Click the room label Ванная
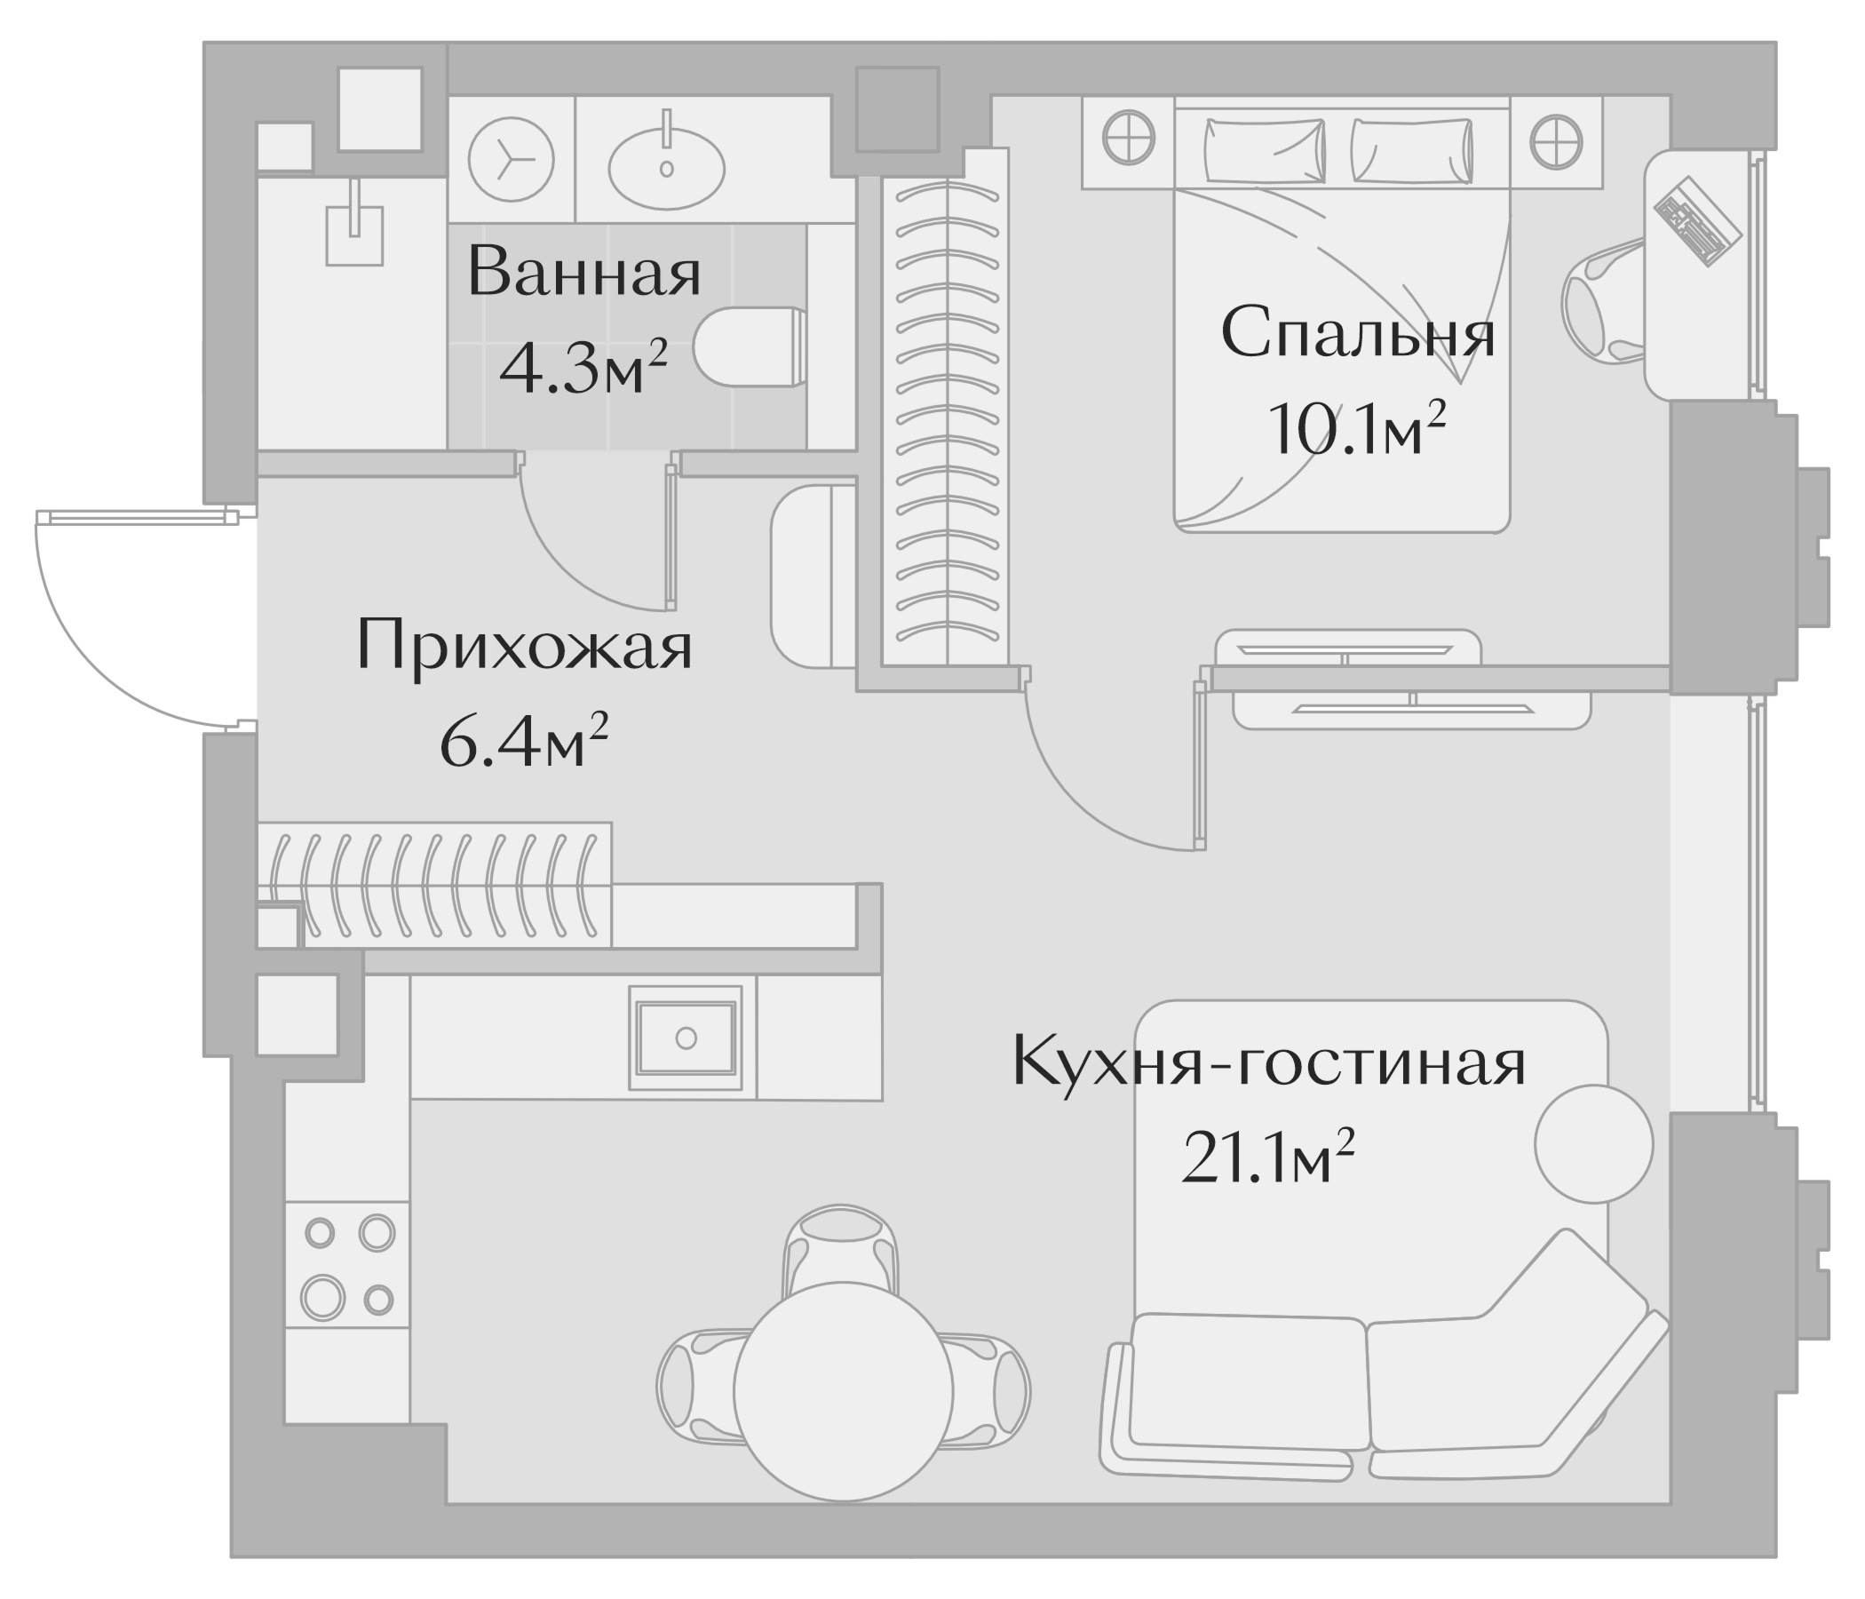pyautogui.click(x=583, y=272)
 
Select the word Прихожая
pyautogui.click(x=524, y=646)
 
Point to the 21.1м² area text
pyautogui.click(x=1267, y=1158)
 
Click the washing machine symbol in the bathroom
pyautogui.click(x=511, y=159)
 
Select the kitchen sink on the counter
pyautogui.click(x=686, y=1038)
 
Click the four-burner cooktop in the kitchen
pyautogui.click(x=348, y=1265)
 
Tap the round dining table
pyautogui.click(x=844, y=1392)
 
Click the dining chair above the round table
pyautogui.click(x=841, y=1248)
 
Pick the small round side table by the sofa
pyautogui.click(x=1593, y=1143)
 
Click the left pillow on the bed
pyautogui.click(x=1265, y=150)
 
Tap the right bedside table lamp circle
pyautogui.click(x=1556, y=141)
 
